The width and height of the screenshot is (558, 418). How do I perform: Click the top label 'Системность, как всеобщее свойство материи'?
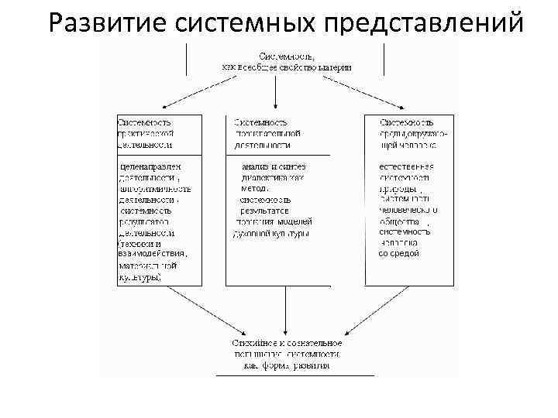[287, 61]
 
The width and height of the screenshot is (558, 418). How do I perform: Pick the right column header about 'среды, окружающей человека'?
[408, 132]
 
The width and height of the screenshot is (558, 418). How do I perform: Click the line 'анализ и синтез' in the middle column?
[274, 166]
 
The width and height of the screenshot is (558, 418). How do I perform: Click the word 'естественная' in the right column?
[406, 166]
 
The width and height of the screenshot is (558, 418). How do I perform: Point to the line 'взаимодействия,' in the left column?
[153, 253]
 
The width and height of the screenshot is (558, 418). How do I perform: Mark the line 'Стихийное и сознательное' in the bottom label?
[286, 343]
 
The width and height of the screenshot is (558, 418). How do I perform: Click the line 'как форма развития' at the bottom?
[286, 365]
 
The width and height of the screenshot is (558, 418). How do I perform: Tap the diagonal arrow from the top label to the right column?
[377, 95]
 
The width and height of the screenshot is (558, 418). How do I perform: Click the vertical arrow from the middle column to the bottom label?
[288, 310]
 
